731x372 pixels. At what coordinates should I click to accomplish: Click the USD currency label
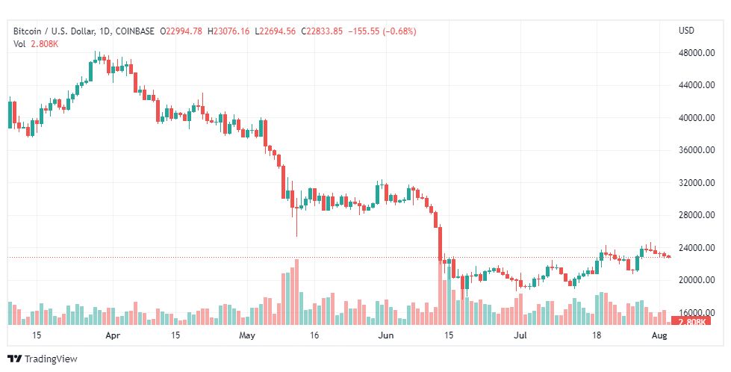pyautogui.click(x=686, y=31)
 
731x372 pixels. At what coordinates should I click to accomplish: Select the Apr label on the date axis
pyautogui.click(x=113, y=336)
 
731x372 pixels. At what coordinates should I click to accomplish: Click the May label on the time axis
pyautogui.click(x=248, y=336)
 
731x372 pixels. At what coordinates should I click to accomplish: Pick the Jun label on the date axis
pyautogui.click(x=385, y=336)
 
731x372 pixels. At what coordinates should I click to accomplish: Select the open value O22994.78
pyautogui.click(x=183, y=31)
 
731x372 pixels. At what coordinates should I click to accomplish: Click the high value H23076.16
pyautogui.click(x=231, y=31)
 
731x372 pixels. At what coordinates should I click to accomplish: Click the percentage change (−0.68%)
pyautogui.click(x=396, y=31)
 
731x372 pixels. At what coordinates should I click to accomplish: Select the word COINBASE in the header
pyautogui.click(x=134, y=31)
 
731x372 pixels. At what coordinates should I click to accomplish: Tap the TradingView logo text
pyautogui.click(x=51, y=359)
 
